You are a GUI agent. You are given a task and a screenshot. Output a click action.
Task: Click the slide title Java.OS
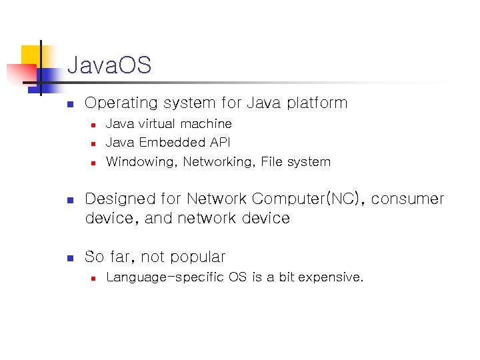109,65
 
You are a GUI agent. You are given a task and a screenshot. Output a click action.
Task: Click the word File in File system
272,161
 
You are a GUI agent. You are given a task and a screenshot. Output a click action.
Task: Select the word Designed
119,199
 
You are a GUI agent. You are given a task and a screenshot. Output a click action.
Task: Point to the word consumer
407,199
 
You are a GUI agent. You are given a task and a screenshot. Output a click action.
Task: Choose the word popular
197,257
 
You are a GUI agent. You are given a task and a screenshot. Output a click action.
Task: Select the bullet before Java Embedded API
94,143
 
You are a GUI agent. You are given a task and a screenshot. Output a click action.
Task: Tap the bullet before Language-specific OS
94,277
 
